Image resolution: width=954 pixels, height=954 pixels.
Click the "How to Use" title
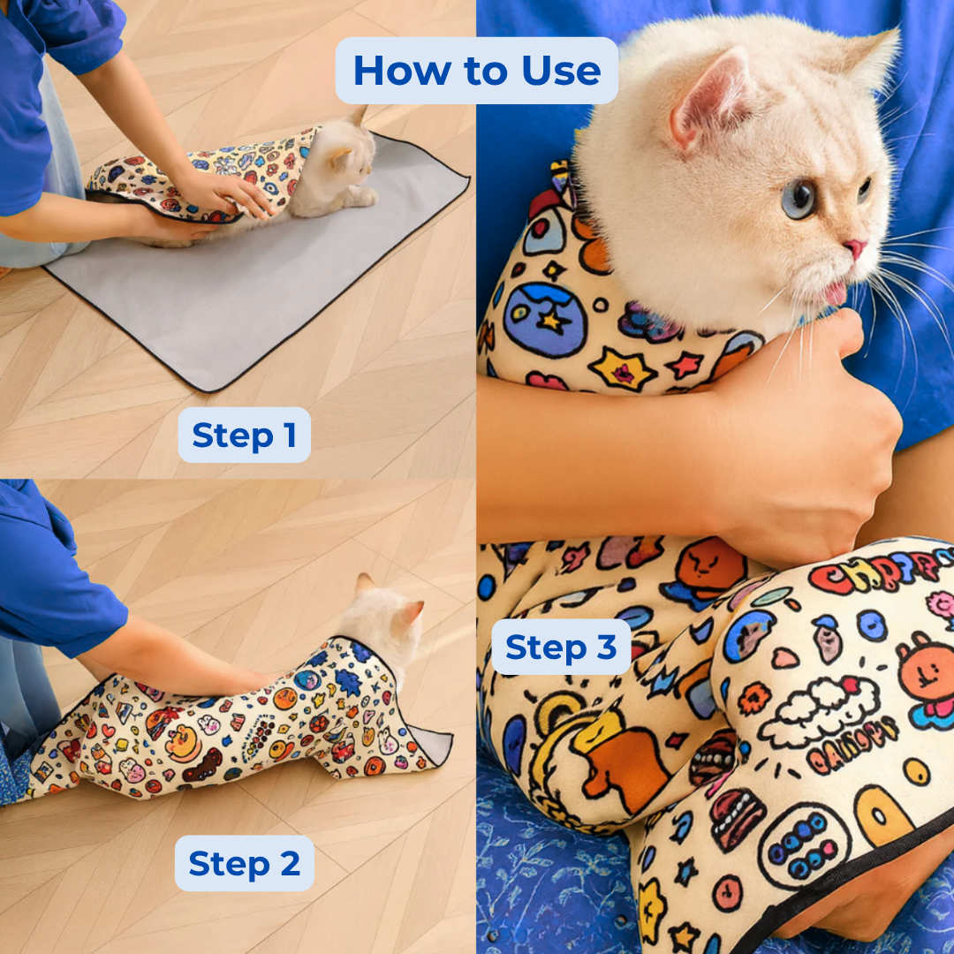click(477, 71)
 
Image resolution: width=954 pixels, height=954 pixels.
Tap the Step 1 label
click(244, 435)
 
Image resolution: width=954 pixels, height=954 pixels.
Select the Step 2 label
click(244, 863)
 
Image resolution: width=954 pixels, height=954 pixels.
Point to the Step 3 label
click(561, 647)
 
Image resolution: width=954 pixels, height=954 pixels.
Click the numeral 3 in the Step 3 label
click(606, 647)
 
